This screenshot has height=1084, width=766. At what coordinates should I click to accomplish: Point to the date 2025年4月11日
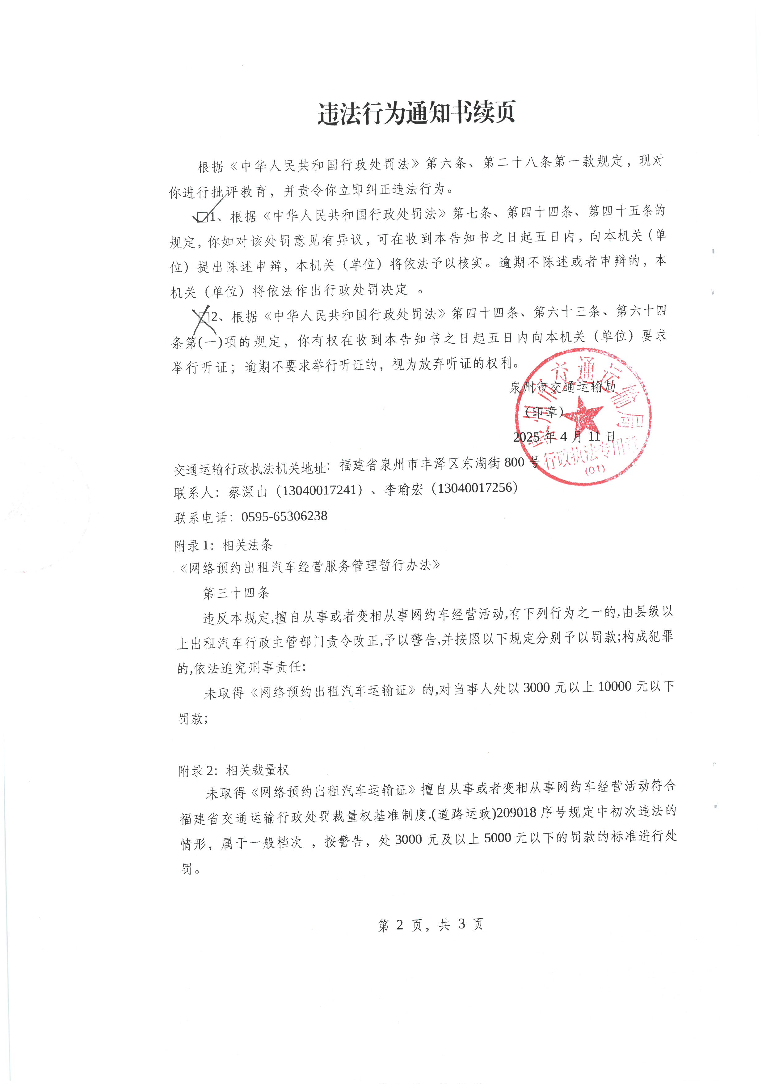click(x=564, y=437)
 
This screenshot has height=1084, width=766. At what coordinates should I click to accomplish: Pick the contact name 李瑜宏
click(x=403, y=490)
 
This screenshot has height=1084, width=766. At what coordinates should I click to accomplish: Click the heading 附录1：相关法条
click(x=224, y=545)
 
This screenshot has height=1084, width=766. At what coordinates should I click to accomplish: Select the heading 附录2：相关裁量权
click(x=234, y=770)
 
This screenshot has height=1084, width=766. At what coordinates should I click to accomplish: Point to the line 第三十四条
click(x=236, y=593)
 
